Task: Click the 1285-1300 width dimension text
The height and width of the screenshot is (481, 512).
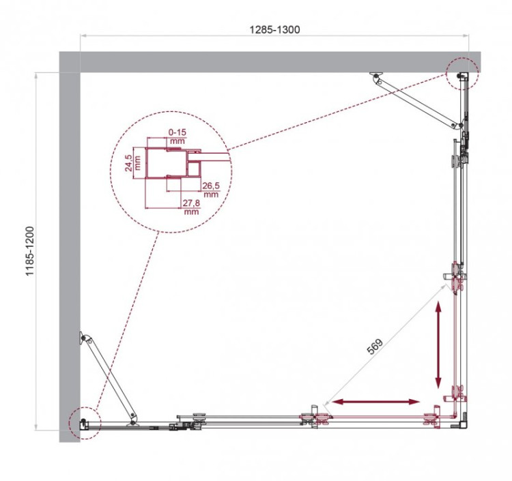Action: click(x=274, y=29)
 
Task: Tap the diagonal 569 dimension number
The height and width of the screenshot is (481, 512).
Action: click(x=375, y=347)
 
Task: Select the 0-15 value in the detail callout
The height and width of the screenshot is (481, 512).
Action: click(x=177, y=132)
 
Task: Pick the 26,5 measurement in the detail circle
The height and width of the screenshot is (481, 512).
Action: click(x=210, y=186)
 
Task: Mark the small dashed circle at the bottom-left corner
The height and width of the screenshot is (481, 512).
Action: click(x=83, y=423)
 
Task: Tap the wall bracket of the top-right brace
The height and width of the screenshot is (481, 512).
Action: click(x=375, y=76)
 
